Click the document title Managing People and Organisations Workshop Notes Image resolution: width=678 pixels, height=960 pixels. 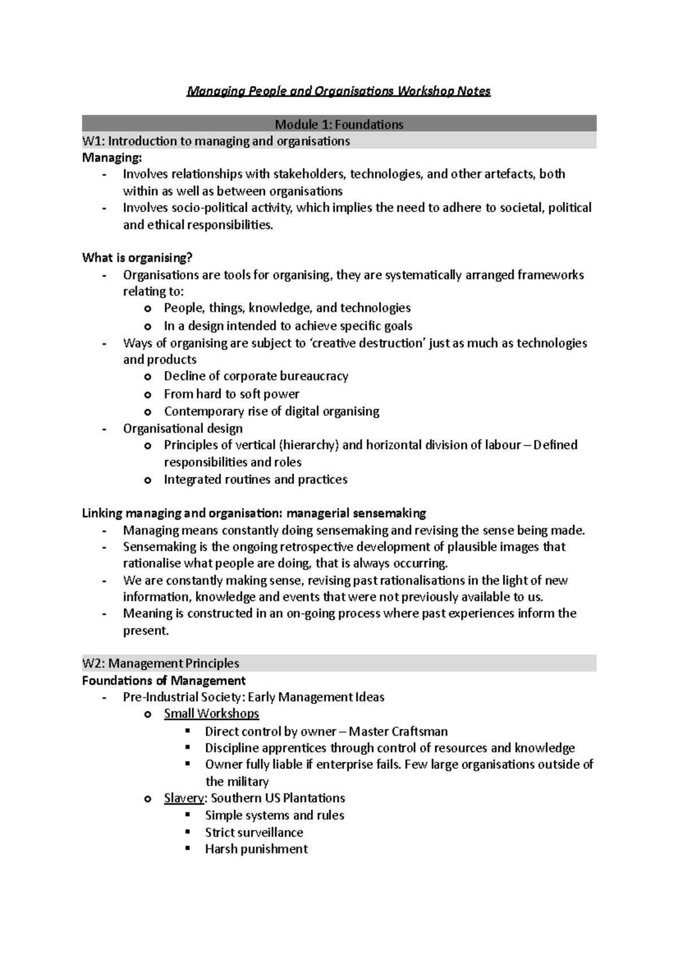(x=338, y=91)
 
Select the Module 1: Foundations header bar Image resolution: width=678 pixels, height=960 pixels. (x=338, y=124)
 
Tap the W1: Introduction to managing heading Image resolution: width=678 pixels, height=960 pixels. (x=216, y=141)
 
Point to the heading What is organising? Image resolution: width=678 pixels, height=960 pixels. (x=137, y=258)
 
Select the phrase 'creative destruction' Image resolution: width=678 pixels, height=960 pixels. (x=368, y=343)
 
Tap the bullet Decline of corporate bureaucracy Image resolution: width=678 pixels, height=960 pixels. (x=255, y=377)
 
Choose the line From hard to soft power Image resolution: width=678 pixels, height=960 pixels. (x=231, y=394)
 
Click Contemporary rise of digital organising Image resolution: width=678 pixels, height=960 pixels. (x=271, y=412)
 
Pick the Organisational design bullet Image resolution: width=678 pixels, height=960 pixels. (x=182, y=429)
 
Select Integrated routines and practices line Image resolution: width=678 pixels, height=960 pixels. (x=255, y=480)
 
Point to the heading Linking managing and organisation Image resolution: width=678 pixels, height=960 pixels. (x=254, y=513)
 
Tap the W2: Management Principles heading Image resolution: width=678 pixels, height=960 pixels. (x=160, y=663)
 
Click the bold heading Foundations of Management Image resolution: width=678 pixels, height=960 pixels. (x=163, y=680)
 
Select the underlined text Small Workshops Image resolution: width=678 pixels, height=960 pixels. (x=211, y=714)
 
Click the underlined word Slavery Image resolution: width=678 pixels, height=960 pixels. (x=184, y=798)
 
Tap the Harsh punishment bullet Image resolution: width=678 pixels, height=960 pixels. (x=256, y=849)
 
